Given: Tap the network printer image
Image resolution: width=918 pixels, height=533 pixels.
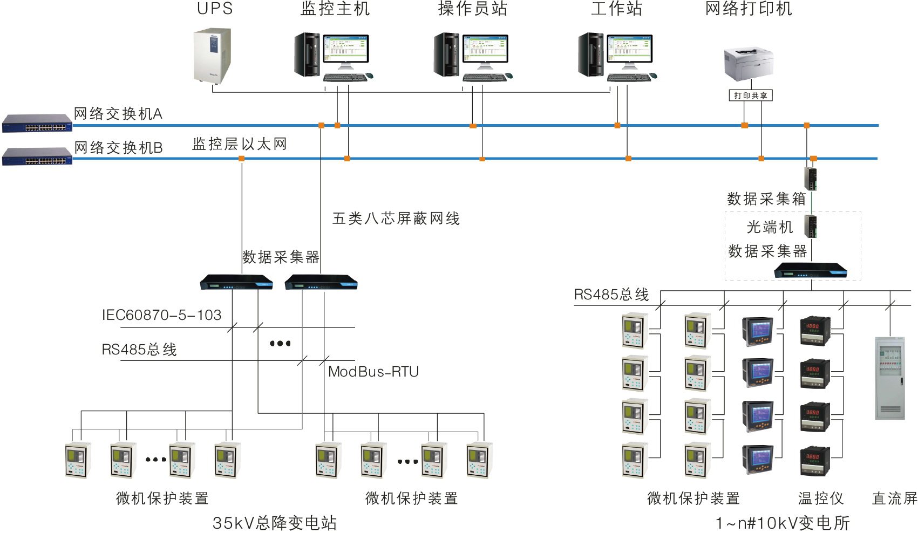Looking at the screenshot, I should (x=749, y=64).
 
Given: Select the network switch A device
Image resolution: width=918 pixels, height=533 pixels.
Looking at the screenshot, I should (x=37, y=124).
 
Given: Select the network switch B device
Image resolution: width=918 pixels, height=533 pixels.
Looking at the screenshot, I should (x=37, y=156).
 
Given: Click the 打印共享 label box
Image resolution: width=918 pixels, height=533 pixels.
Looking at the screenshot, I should (x=751, y=95).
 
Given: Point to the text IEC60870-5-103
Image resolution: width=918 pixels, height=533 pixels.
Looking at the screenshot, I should (x=162, y=315).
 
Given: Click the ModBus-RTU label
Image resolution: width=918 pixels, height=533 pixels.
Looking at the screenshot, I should (x=373, y=372).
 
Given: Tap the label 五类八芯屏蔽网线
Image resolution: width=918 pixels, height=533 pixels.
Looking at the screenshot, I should (x=396, y=218).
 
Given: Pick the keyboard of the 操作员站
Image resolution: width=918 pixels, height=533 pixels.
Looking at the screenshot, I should (x=484, y=78).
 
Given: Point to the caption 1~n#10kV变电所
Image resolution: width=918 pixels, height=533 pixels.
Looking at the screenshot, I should (x=783, y=523).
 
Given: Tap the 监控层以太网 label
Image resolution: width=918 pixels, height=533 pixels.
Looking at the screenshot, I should (x=239, y=144).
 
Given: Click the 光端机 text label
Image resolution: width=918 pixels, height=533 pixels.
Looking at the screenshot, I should (x=770, y=227).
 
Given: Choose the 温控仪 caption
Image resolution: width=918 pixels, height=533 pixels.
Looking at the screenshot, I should (x=820, y=498).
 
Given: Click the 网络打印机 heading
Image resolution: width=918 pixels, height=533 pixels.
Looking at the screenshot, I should (x=749, y=9).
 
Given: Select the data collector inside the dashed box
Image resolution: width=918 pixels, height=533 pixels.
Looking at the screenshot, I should (x=810, y=271).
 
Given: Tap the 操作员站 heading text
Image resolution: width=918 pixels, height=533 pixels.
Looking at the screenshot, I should (x=473, y=9).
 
